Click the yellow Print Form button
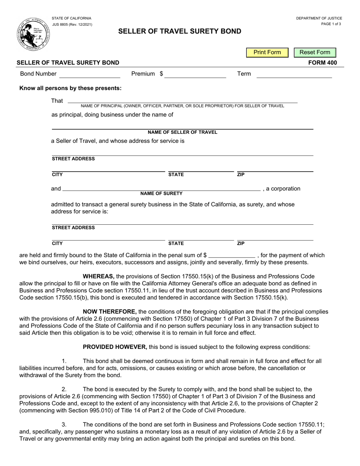[267, 52]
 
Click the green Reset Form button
[315, 52]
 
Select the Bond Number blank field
[89, 74]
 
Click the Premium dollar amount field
[195, 74]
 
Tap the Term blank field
[294, 74]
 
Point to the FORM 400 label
[322, 63]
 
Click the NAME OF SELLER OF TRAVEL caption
[182, 132]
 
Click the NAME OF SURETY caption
[161, 194]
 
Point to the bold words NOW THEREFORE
[110, 312]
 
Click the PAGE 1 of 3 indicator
[331, 24]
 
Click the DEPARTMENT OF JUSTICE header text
[319, 18]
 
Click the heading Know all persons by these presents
[70, 88]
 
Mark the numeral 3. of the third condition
[64, 425]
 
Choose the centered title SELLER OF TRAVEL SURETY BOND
[180, 31]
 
